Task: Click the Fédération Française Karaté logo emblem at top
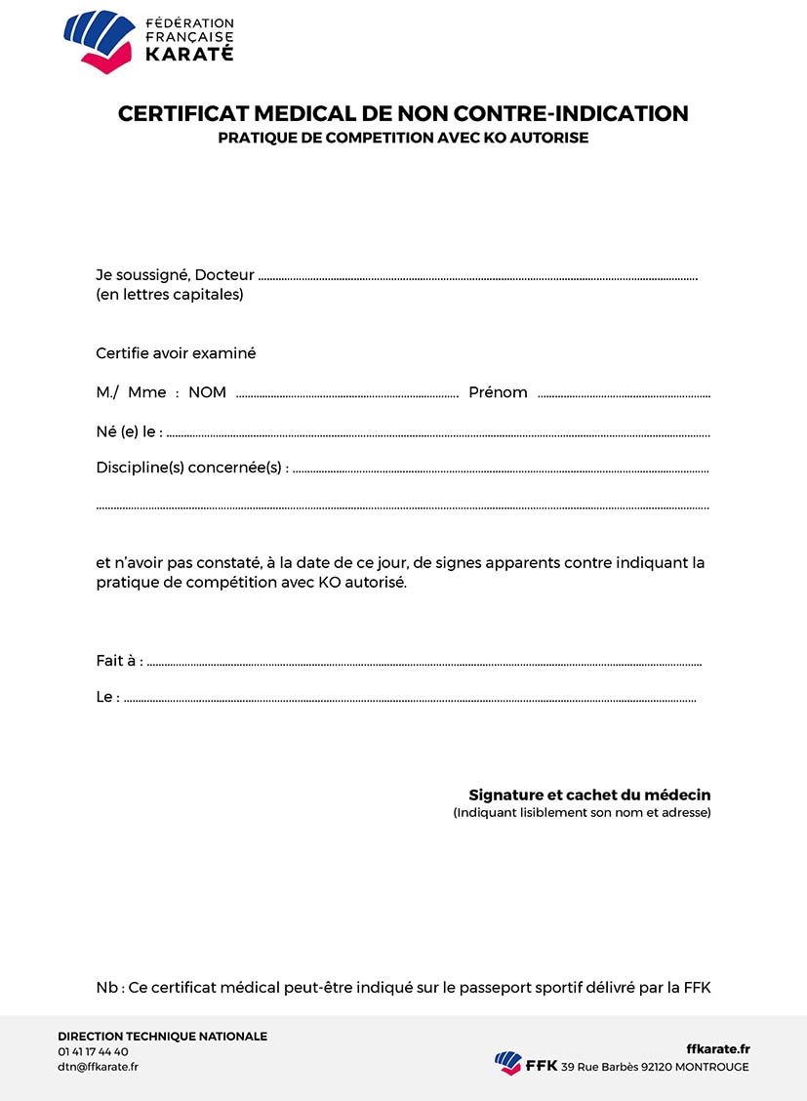coord(99,40)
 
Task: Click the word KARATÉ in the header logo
coord(189,55)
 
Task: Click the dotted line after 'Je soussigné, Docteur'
coord(478,278)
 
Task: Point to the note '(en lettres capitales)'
coord(169,295)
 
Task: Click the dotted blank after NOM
coord(346,396)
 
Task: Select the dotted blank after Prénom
coord(624,396)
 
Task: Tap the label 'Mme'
coord(146,392)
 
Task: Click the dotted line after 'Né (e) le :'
coord(438,435)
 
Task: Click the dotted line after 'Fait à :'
coord(424,665)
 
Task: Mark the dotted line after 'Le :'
coord(410,701)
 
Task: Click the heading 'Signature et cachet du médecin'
coord(589,795)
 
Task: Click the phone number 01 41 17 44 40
coord(93,1051)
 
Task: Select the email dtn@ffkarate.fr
coord(98,1067)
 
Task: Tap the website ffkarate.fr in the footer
coord(718,1048)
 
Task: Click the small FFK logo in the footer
coord(508,1063)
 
